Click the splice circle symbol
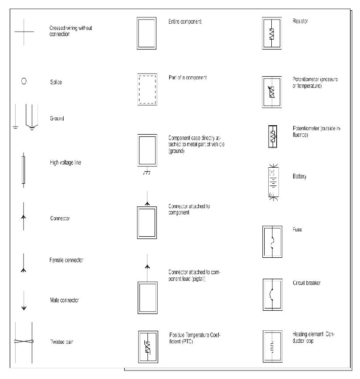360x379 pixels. pyautogui.click(x=24, y=82)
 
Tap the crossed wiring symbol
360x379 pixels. pyautogui.click(x=24, y=32)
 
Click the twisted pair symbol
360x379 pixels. pyautogui.click(x=23, y=342)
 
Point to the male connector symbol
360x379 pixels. pyautogui.click(x=24, y=304)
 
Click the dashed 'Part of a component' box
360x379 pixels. pyautogui.click(x=147, y=89)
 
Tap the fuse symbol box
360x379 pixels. pyautogui.click(x=272, y=242)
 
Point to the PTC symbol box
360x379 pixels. pyautogui.click(x=147, y=346)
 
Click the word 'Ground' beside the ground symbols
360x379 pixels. pyautogui.click(x=57, y=119)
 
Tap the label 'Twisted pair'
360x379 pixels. pyautogui.click(x=61, y=342)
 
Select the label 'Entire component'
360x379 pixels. pyautogui.click(x=185, y=21)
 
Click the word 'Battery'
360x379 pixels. pyautogui.click(x=299, y=177)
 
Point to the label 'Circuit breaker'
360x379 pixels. pyautogui.click(x=307, y=283)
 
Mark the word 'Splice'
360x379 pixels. pyautogui.click(x=56, y=82)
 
